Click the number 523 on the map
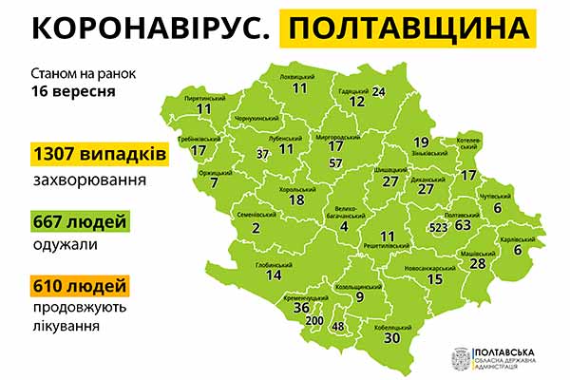point(439,228)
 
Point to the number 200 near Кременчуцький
point(313,322)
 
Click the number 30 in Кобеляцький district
point(392,336)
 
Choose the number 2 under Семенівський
point(256,227)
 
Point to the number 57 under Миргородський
point(335,163)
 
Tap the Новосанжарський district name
point(433,267)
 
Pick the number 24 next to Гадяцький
point(379,91)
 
